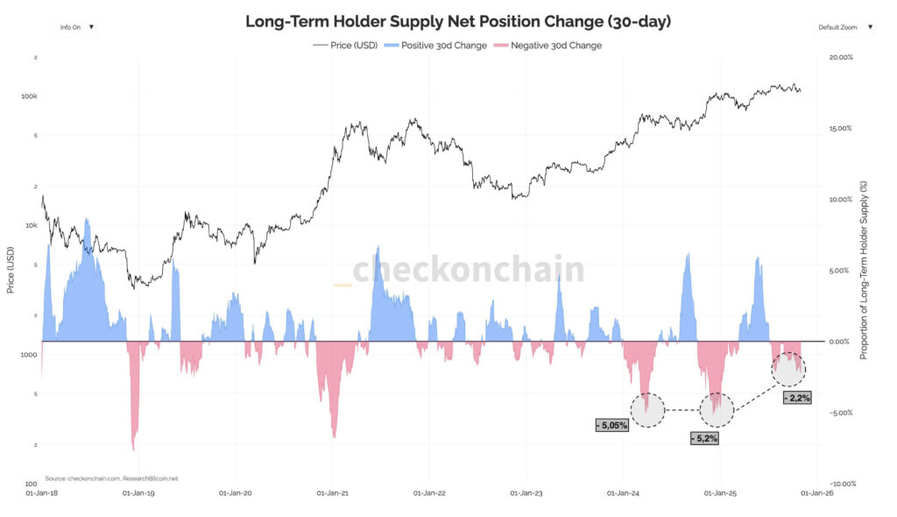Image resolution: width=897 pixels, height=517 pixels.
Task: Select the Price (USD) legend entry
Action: [345, 45]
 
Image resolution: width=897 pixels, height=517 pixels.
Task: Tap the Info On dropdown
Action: [74, 27]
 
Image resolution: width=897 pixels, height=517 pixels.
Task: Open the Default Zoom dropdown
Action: [844, 27]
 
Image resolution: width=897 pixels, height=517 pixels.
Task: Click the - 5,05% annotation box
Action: [611, 425]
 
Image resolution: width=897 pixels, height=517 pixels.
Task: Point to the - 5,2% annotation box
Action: [704, 437]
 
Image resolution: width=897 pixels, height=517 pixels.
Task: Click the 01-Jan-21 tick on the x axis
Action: [334, 493]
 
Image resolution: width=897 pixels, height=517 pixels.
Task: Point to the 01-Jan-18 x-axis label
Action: [43, 493]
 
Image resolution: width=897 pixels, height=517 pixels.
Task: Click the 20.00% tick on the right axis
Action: [840, 57]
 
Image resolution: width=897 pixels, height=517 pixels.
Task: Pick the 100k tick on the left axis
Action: [29, 96]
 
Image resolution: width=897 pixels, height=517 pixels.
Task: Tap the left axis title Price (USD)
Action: [11, 270]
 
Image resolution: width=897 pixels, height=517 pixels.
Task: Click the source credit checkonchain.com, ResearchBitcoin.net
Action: [111, 478]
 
